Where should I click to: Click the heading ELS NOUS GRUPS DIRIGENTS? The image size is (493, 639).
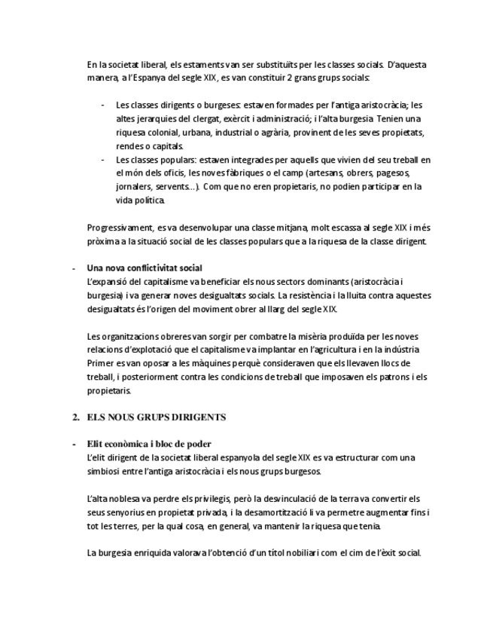(x=157, y=417)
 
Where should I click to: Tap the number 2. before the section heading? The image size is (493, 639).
(x=76, y=417)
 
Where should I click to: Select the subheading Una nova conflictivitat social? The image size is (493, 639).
(x=145, y=268)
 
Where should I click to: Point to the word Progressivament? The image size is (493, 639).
(x=119, y=228)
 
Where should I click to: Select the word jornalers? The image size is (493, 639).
(x=133, y=187)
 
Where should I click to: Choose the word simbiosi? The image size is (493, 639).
(x=105, y=471)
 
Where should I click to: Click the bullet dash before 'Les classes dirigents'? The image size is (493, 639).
(x=102, y=105)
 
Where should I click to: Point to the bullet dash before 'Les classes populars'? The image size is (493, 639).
(x=102, y=160)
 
